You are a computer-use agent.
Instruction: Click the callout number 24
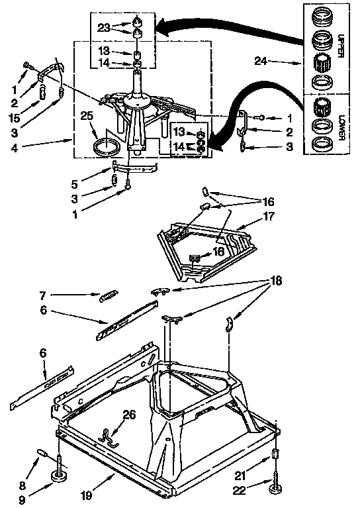point(261,62)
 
